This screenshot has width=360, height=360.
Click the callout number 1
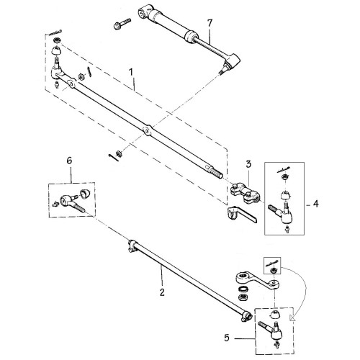click(x=131, y=72)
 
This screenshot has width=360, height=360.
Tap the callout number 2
click(x=162, y=292)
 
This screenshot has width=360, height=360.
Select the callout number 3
click(x=248, y=164)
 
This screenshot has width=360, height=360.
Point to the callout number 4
click(x=316, y=204)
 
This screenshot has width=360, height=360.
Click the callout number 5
click(x=227, y=338)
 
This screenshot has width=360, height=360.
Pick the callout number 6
click(x=69, y=161)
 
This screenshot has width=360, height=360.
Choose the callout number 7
click(x=210, y=23)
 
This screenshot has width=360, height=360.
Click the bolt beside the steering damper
click(x=122, y=24)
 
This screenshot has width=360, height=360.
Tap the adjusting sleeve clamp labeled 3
click(x=245, y=192)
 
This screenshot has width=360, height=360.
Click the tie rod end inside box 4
click(x=282, y=213)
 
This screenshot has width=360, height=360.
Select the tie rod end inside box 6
click(x=71, y=202)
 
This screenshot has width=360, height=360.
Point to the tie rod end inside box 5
click(x=271, y=330)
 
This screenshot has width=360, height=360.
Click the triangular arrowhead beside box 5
click(x=293, y=318)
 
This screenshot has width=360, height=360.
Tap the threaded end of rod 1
click(x=217, y=173)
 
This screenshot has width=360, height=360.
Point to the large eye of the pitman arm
click(x=242, y=276)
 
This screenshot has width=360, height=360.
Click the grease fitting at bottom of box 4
click(x=286, y=230)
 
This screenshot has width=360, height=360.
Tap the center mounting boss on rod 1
click(x=147, y=130)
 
